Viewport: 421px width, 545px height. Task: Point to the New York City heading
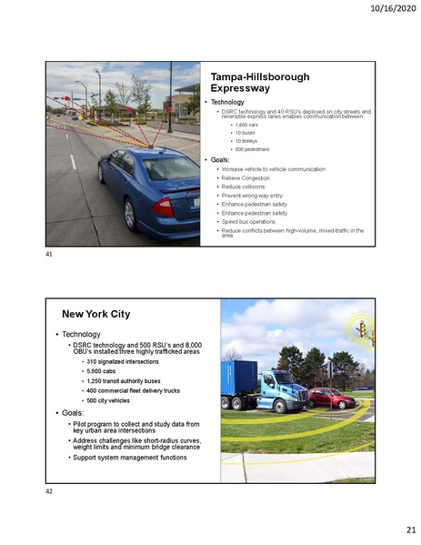95,314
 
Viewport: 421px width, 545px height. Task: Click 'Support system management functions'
129,457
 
